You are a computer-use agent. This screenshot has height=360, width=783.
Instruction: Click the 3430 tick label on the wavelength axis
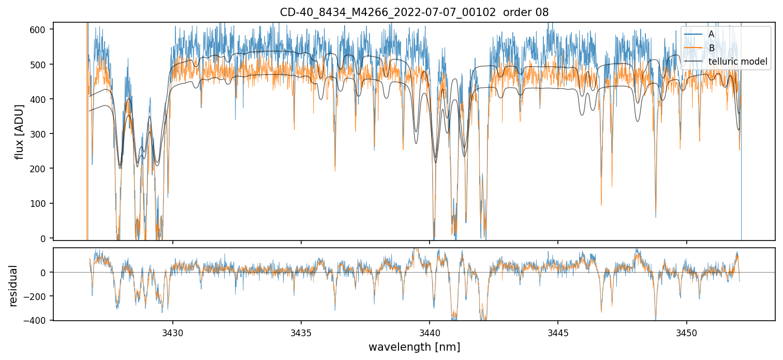click(173, 331)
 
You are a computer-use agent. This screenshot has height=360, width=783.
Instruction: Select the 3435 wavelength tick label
click(301, 331)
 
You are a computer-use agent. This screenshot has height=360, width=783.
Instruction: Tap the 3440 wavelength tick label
click(430, 331)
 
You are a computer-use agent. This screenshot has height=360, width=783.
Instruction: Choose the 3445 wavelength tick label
click(558, 331)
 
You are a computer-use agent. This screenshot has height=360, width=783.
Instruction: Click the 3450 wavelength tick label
click(687, 331)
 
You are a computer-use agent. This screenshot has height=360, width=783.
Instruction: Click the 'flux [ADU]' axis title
click(20, 131)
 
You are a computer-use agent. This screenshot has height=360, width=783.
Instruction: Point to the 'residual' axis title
click(13, 286)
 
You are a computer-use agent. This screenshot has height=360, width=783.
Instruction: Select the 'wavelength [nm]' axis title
click(414, 347)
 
